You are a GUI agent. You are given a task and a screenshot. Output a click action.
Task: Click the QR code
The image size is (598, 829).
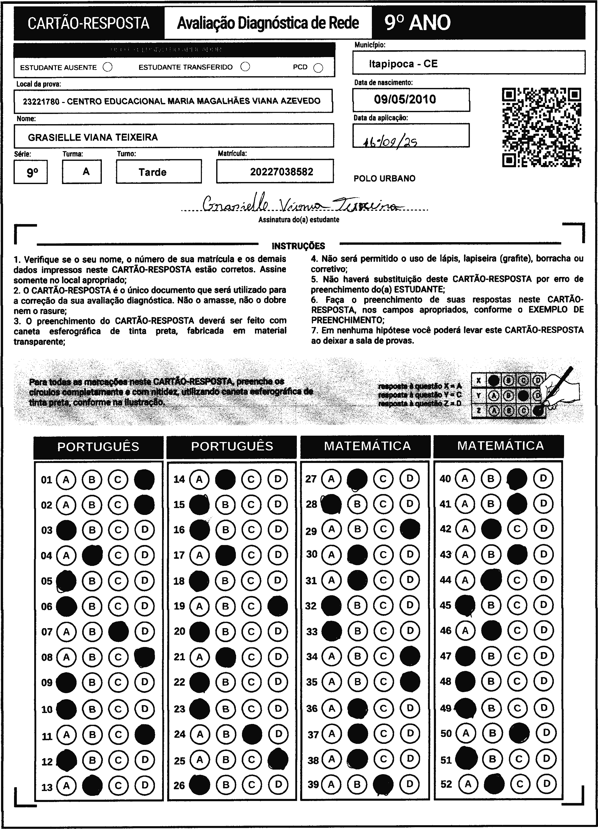pyautogui.click(x=541, y=127)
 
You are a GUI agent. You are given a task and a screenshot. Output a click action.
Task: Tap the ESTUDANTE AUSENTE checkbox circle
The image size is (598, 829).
pyautogui.click(x=108, y=67)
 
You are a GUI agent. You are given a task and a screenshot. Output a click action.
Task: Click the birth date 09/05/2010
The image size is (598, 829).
pyautogui.click(x=405, y=99)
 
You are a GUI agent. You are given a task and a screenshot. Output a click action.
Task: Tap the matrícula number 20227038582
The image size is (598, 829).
pyautogui.click(x=282, y=172)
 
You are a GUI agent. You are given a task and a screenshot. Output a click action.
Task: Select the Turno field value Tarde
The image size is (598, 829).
pyautogui.click(x=152, y=172)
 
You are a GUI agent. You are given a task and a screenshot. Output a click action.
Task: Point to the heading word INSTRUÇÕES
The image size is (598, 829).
pyautogui.click(x=298, y=246)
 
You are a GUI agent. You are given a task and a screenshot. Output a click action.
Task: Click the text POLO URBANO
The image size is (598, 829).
pyautogui.click(x=384, y=178)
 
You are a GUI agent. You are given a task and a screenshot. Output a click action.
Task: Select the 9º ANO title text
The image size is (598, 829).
pyautogui.click(x=418, y=23)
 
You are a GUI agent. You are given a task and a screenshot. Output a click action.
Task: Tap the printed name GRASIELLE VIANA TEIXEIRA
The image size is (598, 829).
pyautogui.click(x=93, y=137)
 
